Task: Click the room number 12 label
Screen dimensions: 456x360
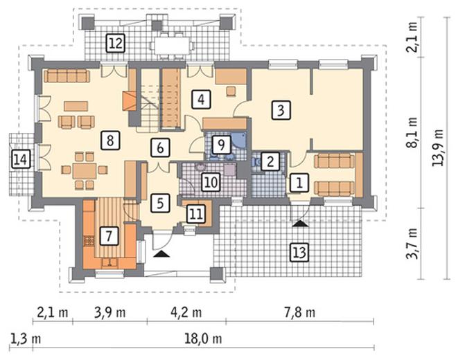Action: [116, 43]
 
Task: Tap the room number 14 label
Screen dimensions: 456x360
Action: [21, 159]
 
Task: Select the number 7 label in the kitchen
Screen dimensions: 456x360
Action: [109, 235]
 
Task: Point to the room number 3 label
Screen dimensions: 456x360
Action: [281, 110]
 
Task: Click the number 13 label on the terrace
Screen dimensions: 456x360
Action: [299, 252]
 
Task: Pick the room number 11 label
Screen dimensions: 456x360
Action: [195, 214]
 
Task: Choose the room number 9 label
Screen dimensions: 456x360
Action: [222, 145]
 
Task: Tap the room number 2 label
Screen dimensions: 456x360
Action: [270, 161]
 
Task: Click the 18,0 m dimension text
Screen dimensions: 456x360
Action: [203, 339]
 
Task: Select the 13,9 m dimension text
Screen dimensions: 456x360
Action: [438, 147]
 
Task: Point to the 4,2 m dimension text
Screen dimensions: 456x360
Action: [186, 312]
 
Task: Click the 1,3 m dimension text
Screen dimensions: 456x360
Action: [26, 339]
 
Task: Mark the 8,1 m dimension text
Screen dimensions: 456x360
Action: [412, 132]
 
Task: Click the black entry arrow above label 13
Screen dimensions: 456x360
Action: [300, 224]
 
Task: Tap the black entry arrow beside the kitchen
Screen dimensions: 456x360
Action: [161, 254]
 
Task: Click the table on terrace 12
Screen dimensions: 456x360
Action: [172, 46]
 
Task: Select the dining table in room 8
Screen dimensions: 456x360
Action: [85, 171]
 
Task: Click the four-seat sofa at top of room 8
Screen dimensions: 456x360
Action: [67, 76]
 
